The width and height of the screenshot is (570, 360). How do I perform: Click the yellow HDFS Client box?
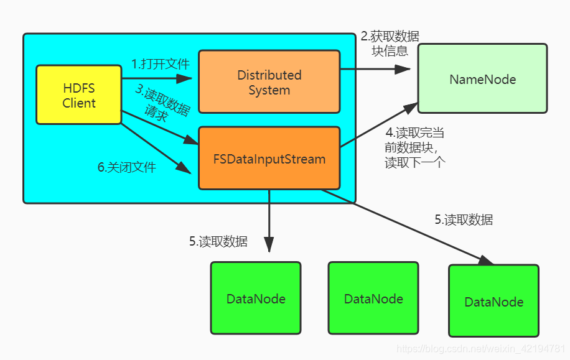click(x=78, y=95)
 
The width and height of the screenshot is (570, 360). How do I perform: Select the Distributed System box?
click(x=269, y=82)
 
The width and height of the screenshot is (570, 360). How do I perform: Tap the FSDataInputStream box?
click(x=269, y=159)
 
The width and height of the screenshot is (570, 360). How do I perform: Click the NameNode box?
click(x=482, y=79)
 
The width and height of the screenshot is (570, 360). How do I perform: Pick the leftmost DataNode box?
click(x=255, y=299)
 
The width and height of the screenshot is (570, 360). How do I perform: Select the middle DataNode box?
click(x=373, y=299)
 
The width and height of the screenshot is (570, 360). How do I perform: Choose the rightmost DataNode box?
click(x=493, y=302)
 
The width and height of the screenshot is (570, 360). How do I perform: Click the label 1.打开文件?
click(x=160, y=63)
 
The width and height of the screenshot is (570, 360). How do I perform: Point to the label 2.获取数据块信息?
click(x=390, y=43)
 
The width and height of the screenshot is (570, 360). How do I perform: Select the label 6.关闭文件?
click(x=127, y=167)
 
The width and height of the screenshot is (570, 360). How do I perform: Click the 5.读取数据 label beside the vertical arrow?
click(x=218, y=242)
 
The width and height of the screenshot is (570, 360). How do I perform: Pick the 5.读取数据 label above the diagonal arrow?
click(x=464, y=219)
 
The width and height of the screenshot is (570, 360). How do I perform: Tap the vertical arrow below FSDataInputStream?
click(x=269, y=221)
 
